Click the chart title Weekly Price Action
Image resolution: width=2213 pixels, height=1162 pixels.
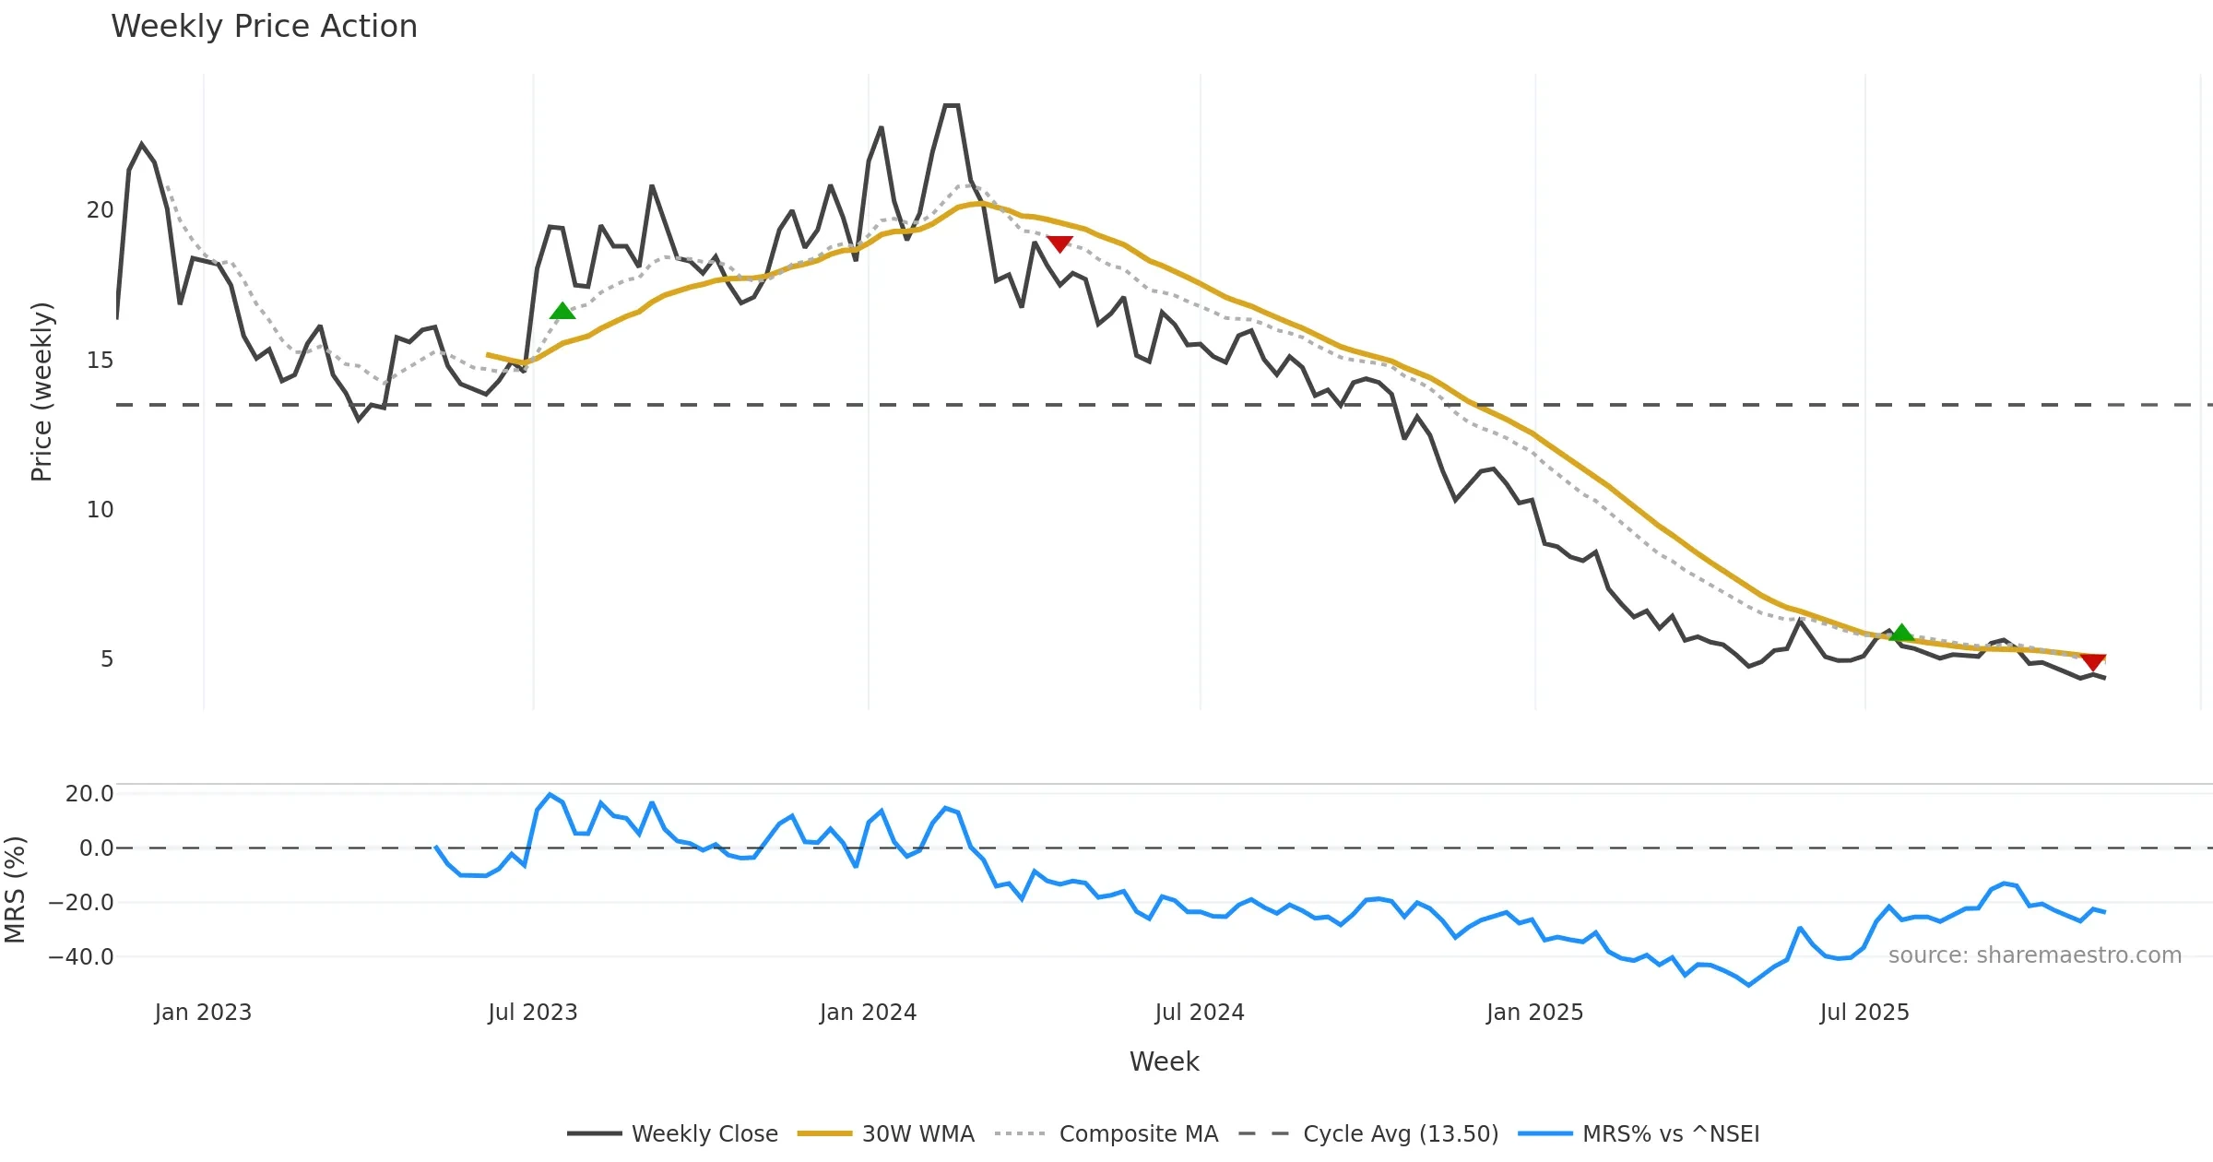(x=264, y=27)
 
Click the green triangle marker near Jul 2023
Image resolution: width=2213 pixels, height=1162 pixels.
(x=562, y=312)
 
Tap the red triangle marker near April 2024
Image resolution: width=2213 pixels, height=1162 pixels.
(x=1059, y=243)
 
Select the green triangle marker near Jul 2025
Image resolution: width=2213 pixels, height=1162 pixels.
(x=1901, y=633)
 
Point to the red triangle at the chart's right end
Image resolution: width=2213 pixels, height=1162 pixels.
(x=2093, y=662)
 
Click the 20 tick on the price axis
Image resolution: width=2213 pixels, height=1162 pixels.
(x=100, y=210)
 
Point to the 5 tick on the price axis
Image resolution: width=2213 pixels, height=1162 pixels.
(x=107, y=659)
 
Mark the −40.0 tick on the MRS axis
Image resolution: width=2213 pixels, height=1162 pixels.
(x=81, y=957)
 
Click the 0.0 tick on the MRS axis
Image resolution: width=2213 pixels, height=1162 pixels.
(x=96, y=848)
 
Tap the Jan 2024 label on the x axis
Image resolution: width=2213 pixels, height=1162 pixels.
(x=868, y=1013)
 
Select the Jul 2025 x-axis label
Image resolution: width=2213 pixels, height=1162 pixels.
(x=1864, y=1013)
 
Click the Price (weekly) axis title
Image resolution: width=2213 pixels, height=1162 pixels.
(x=41, y=392)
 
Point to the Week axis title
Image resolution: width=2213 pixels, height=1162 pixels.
(x=1164, y=1062)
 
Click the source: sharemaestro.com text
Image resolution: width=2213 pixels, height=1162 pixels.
(x=2034, y=955)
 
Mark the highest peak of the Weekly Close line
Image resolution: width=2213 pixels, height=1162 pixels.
(x=952, y=106)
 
